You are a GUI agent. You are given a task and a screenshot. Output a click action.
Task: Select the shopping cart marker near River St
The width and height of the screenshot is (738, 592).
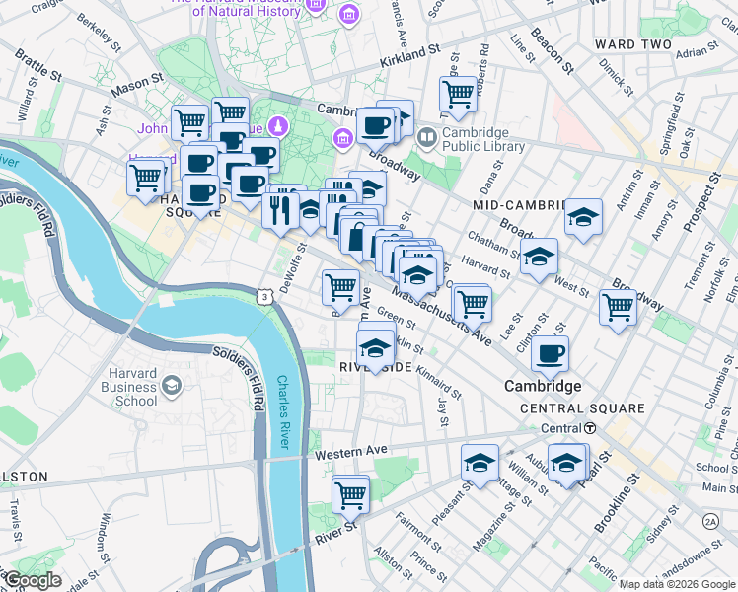[350, 495]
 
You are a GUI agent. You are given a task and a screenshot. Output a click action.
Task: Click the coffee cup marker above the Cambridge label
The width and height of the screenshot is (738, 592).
[550, 352]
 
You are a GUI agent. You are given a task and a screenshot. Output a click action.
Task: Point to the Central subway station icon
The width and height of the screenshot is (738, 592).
[588, 428]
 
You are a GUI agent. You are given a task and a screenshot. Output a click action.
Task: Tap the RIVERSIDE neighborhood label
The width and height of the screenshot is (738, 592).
[375, 366]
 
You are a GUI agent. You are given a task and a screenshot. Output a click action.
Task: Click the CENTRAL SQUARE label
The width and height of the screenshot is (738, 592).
[582, 407]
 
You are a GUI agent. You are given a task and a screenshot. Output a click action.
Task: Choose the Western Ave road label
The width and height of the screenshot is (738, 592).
[351, 453]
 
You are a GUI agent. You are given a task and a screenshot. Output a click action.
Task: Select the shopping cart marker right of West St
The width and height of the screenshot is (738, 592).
[618, 306]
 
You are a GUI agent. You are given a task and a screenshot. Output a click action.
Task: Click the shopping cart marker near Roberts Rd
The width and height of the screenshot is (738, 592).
[458, 94]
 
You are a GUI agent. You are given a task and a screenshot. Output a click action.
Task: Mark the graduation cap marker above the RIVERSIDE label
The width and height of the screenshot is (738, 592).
[375, 346]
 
